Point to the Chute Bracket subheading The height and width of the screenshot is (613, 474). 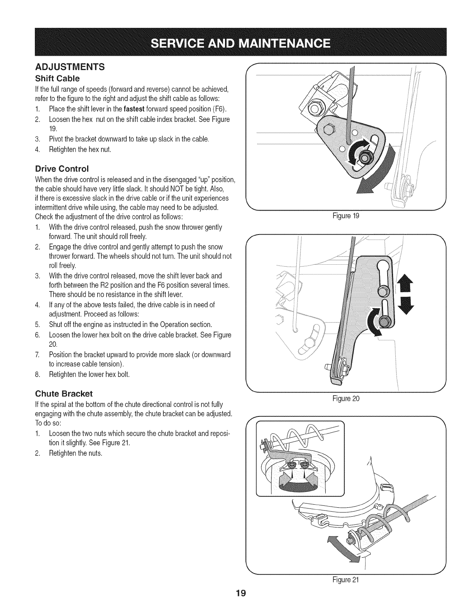tap(64, 394)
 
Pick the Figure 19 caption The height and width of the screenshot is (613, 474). tap(346, 216)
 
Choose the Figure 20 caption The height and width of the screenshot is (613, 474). tap(346, 398)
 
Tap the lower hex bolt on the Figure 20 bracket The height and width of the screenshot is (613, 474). tap(385, 321)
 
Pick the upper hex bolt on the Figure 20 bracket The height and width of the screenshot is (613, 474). tap(382, 290)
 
